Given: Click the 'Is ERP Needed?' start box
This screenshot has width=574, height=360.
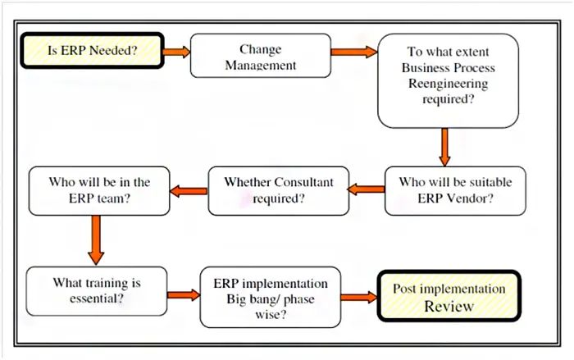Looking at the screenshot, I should point(92,50).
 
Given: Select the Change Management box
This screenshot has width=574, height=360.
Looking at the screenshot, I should point(261,56).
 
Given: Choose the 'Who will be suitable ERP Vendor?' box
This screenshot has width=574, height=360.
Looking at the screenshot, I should point(453,191).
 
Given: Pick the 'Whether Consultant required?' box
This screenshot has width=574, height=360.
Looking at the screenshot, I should point(279,190).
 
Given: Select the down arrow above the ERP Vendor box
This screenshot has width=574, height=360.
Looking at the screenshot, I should point(445,146).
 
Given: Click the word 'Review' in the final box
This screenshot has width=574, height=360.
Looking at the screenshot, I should point(449,306).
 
